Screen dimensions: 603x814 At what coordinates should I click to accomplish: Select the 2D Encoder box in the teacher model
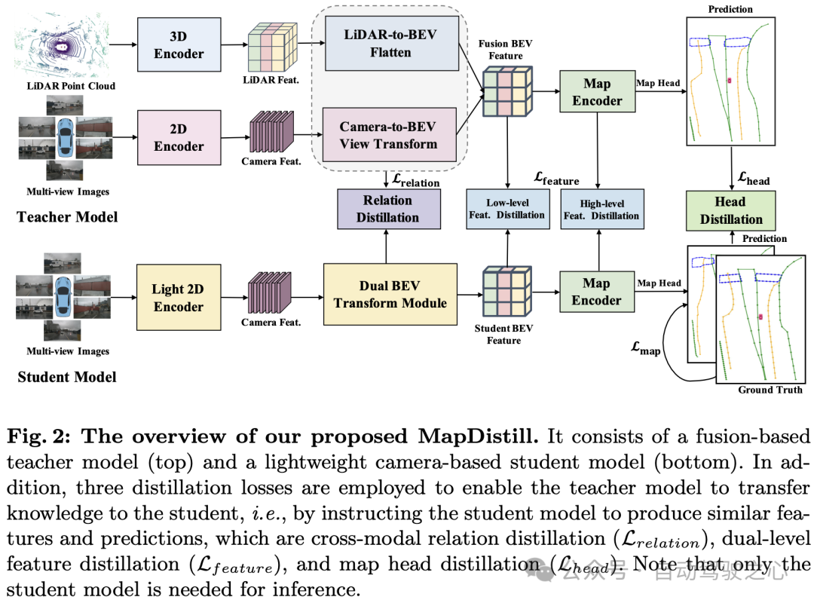click(x=179, y=137)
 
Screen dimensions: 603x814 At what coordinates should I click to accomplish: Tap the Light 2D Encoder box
click(x=179, y=298)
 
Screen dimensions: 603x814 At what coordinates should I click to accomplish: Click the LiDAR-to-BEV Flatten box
click(x=390, y=44)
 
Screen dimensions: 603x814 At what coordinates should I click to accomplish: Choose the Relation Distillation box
click(x=387, y=209)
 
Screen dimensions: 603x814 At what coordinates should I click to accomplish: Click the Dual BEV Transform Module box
click(x=390, y=294)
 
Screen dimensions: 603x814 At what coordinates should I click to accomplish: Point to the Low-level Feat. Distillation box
click(x=506, y=209)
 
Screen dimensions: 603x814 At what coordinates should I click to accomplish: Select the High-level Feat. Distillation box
click(x=601, y=210)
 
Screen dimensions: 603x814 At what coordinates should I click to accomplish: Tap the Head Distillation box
click(x=731, y=210)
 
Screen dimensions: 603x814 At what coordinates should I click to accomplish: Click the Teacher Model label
click(x=67, y=217)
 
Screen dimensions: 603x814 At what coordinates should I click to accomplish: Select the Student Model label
click(x=67, y=377)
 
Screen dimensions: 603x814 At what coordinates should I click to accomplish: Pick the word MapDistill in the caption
click(x=482, y=436)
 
